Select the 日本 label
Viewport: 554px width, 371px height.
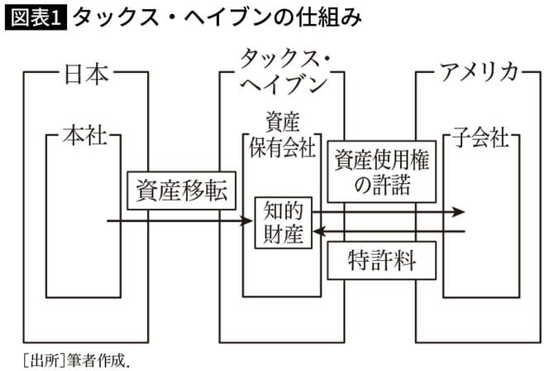pos(86,75)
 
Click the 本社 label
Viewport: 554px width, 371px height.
pos(85,135)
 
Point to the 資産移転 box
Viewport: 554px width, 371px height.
pos(180,190)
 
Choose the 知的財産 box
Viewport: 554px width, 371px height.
pos(283,222)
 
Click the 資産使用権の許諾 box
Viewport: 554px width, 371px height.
pos(381,171)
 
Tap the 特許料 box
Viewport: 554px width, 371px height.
pos(381,262)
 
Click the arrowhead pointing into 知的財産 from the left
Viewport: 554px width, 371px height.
pos(247,222)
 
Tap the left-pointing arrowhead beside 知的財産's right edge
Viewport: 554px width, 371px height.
pos(318,232)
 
